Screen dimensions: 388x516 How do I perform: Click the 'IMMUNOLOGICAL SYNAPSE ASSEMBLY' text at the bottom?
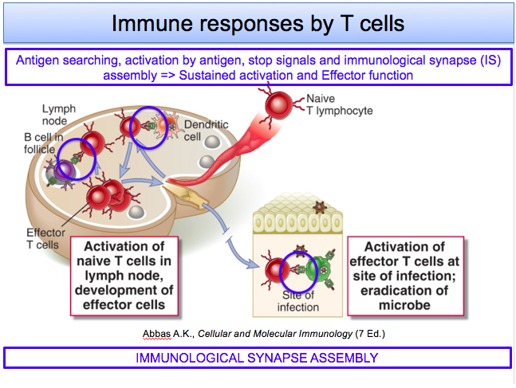tap(258, 358)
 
